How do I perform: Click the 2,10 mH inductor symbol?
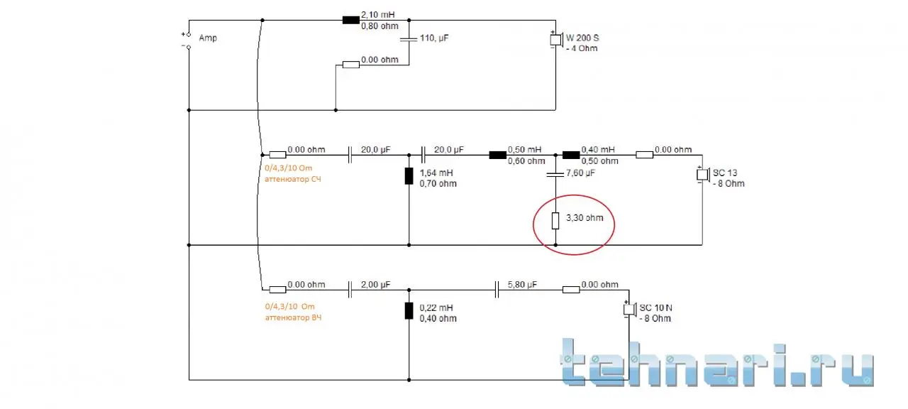(350, 20)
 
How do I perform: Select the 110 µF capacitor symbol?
(409, 39)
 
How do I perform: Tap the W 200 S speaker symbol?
(556, 40)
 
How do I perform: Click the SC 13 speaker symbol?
(703, 175)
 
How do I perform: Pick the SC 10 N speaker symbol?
(629, 310)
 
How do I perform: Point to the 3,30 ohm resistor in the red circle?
(555, 221)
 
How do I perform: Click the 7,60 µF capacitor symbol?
(555, 175)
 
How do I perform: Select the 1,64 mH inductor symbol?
(409, 176)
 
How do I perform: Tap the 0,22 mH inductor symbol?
(409, 311)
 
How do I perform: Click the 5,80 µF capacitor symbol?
(497, 290)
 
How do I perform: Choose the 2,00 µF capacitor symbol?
(350, 290)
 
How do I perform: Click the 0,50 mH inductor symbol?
(498, 155)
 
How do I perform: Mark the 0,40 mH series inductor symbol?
(571, 155)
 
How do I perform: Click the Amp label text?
(208, 38)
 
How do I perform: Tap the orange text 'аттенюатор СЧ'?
(293, 179)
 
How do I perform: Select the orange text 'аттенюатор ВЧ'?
(293, 317)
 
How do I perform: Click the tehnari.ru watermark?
(717, 363)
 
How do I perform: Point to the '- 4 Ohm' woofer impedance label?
(582, 48)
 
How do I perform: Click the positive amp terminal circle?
(189, 35)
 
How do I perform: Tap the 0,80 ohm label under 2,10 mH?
(380, 26)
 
